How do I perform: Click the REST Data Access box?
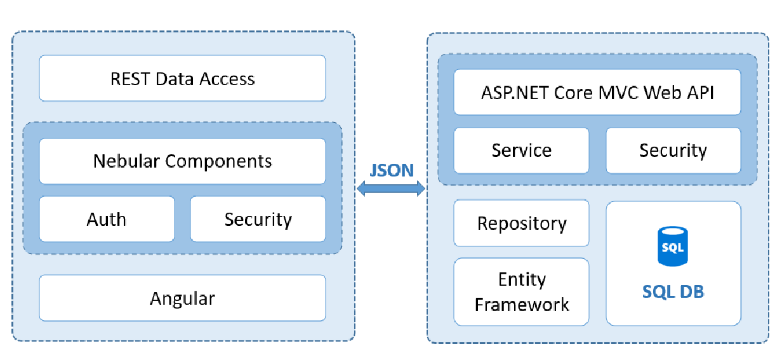pos(182,78)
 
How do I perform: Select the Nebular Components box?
pos(182,161)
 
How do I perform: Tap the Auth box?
pos(107,219)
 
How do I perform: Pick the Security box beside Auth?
pos(258,219)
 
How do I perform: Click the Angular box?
pos(182,298)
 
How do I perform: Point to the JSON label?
pos(392,170)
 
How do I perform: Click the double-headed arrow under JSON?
pos(391,189)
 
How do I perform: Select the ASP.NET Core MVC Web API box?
pos(597,92)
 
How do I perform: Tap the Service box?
pos(521,150)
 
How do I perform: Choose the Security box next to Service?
pos(673,150)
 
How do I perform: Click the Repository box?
pos(521,223)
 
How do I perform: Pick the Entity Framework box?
pos(521,291)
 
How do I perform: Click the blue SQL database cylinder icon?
pos(672,246)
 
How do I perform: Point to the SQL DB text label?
pos(673,291)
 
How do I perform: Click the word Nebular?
pos(126,161)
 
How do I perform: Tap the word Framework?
pos(522,305)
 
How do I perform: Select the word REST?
pos(130,79)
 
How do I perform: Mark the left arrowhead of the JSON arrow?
pos(361,189)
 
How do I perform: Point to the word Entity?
pos(522,280)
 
